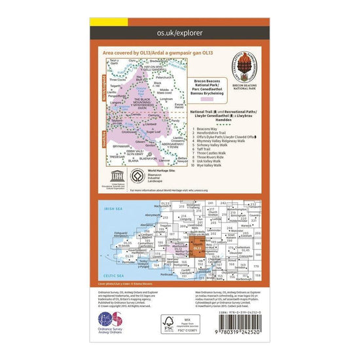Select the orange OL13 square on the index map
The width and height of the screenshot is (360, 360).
pos(198,249)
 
